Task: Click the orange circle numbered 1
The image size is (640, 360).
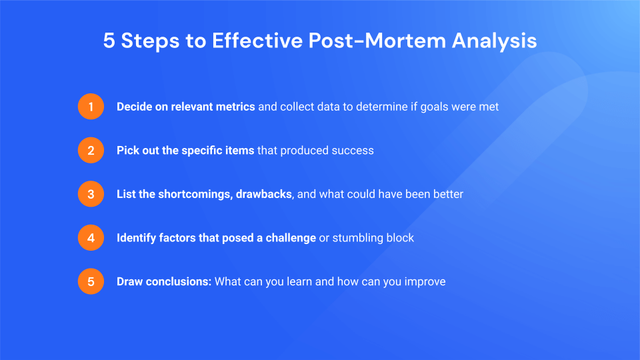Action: pos(91,107)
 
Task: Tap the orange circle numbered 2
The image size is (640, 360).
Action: pos(91,150)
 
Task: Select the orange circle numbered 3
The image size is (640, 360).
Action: pos(91,194)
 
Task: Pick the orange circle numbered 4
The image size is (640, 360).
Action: pos(91,237)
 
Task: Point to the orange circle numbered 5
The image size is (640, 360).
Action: pos(91,281)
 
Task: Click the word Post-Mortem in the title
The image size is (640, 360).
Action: pos(377,41)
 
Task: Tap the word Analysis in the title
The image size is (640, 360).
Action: pos(494,41)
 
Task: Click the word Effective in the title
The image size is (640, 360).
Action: pos(257,41)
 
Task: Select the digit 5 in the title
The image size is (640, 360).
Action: pos(109,41)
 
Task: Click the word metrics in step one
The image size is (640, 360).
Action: pos(235,107)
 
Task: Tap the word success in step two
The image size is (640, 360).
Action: pos(353,151)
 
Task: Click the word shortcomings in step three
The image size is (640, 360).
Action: pos(195,194)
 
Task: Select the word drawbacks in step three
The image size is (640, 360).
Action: pos(265,194)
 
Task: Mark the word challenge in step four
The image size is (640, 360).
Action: pos(291,238)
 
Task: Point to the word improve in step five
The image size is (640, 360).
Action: pos(425,282)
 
